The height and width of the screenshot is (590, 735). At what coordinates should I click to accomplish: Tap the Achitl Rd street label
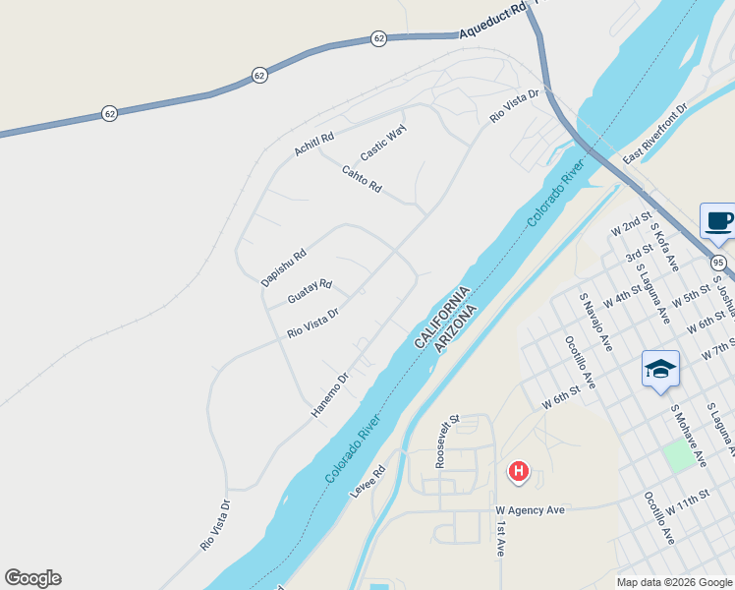(x=314, y=145)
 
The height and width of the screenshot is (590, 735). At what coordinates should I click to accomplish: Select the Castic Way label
(x=383, y=144)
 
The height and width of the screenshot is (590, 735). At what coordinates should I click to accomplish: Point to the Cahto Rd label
(x=362, y=179)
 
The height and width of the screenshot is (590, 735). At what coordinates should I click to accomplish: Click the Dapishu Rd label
(x=284, y=267)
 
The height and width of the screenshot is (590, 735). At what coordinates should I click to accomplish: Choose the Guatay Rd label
(x=310, y=291)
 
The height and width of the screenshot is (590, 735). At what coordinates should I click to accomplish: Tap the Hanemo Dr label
(x=330, y=394)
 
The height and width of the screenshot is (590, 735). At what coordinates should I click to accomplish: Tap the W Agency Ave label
(x=531, y=510)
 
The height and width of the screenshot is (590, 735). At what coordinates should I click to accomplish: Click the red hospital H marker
(x=518, y=473)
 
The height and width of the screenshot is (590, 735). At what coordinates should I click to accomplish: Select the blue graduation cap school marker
(x=660, y=369)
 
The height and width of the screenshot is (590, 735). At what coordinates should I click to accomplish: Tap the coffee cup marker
(x=718, y=220)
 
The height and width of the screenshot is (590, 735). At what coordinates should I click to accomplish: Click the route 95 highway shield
(x=719, y=263)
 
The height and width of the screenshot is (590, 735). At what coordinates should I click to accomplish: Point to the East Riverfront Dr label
(x=656, y=134)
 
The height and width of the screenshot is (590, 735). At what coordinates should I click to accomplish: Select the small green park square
(x=677, y=455)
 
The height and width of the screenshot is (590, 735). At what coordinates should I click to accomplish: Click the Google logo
(x=32, y=578)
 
